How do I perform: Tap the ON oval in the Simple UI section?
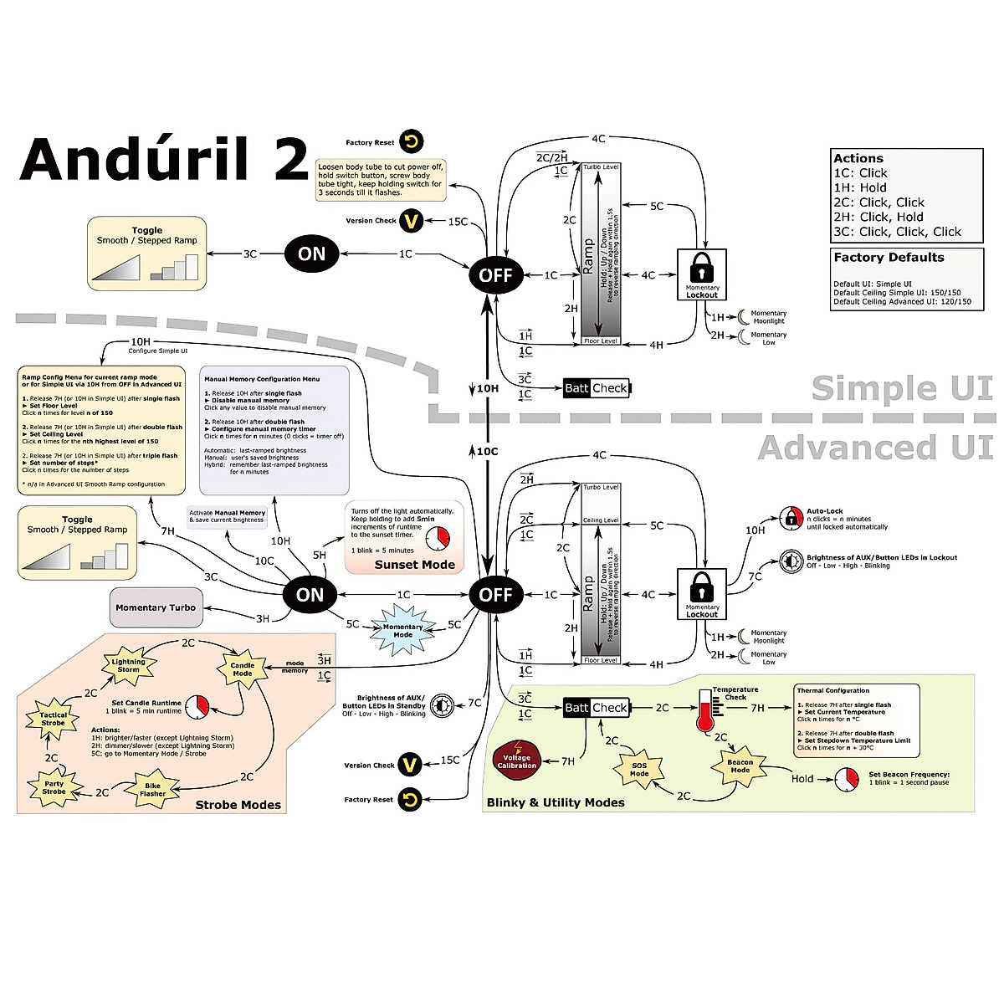pos(311,254)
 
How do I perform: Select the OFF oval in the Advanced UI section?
pos(495,595)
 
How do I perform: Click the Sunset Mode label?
pos(414,565)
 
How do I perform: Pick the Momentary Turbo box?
pos(156,607)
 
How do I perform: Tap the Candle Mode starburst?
pos(243,669)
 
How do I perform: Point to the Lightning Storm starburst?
pos(128,665)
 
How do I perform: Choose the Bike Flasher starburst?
pos(152,790)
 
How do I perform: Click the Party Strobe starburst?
pos(54,787)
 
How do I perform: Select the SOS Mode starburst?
pos(639,770)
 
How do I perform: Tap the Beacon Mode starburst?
pos(740,766)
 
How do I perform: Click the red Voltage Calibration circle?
pos(517,761)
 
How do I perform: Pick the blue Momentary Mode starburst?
pos(402,631)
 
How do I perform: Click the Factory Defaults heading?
pos(889,258)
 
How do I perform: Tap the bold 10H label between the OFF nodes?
pos(487,388)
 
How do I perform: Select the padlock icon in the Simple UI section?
pos(701,269)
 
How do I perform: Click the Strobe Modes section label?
pos(238,805)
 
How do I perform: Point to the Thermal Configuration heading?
pos(832,691)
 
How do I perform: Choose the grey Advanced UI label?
pos(875,448)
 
